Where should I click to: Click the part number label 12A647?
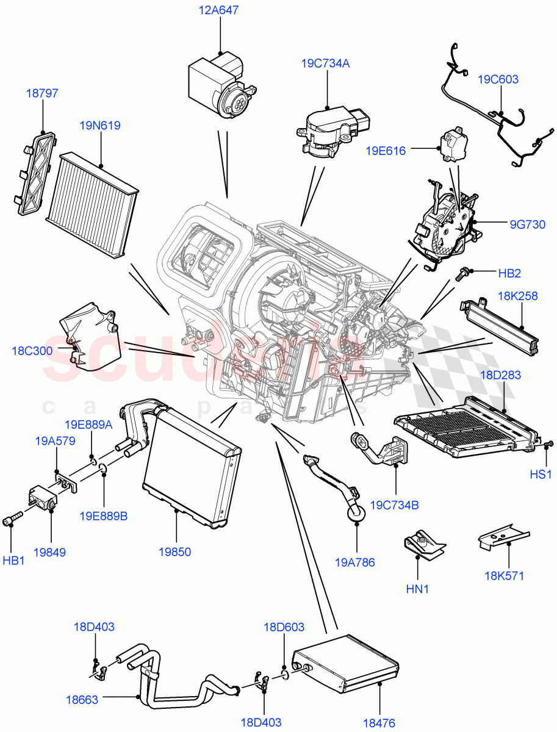(218, 10)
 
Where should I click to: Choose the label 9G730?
(528, 224)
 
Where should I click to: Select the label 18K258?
(517, 296)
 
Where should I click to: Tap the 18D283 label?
(500, 375)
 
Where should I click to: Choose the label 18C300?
(32, 351)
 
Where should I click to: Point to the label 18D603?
(284, 627)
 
